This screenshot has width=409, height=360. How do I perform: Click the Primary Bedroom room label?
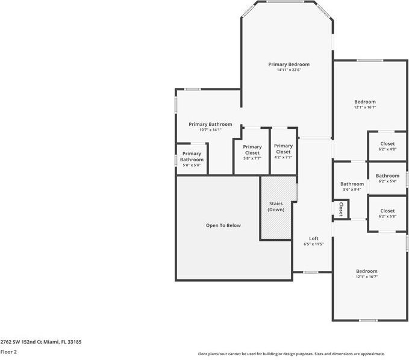tap(289, 64)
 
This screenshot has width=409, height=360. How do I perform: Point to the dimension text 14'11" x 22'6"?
tap(289, 70)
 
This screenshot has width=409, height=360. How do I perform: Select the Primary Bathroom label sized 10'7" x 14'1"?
tap(210, 124)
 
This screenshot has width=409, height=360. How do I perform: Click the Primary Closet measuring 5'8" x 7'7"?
tap(252, 150)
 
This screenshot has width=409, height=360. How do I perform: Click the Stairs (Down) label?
tap(276, 206)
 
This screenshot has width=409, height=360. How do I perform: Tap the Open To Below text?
tap(223, 226)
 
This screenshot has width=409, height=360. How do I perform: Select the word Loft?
tap(314, 238)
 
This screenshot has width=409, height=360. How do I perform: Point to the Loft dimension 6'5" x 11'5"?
tap(314, 244)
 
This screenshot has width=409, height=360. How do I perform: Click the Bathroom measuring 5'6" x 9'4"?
tap(352, 187)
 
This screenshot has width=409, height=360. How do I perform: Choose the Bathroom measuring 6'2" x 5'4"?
tap(387, 178)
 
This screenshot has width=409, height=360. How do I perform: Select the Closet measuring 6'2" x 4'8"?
tap(387, 146)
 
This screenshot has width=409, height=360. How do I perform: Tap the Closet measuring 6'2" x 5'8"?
tap(387, 213)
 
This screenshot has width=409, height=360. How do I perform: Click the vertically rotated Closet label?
tap(340, 209)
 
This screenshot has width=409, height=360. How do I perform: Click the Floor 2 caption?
tap(8, 352)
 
